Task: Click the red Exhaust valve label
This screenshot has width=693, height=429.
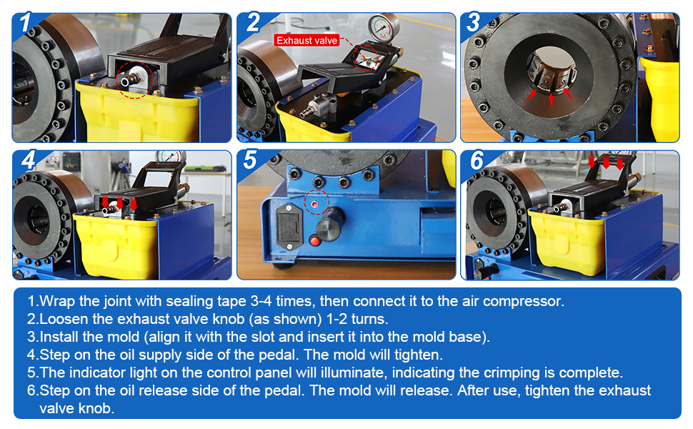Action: pyautogui.click(x=306, y=41)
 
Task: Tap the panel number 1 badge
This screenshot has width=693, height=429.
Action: pyautogui.click(x=26, y=22)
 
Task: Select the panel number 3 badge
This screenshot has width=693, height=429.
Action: pyautogui.click(x=473, y=22)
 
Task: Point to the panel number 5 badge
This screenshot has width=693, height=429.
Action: pyautogui.click(x=250, y=160)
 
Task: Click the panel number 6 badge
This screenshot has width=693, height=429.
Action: pyautogui.click(x=477, y=160)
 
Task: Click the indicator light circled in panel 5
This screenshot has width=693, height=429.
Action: pyautogui.click(x=314, y=204)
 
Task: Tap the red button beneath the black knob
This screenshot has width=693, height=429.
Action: pyautogui.click(x=314, y=241)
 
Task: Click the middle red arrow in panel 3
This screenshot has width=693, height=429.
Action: pyautogui.click(x=551, y=100)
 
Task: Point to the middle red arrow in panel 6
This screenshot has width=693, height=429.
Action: pyautogui.click(x=606, y=162)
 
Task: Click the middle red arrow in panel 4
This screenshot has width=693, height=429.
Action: pyautogui.click(x=119, y=204)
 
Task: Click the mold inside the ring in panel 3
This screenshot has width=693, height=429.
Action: pyautogui.click(x=552, y=72)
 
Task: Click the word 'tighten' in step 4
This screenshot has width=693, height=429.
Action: pyautogui.click(x=418, y=355)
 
